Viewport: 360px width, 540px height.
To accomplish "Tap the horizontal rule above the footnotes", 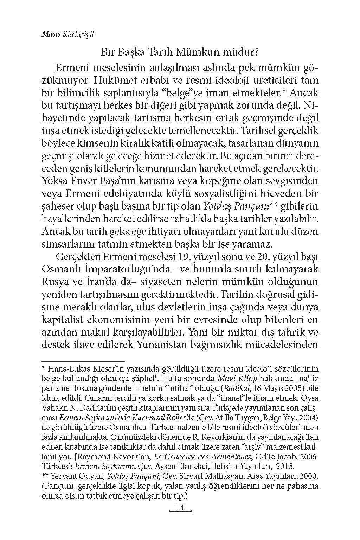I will point(83,361).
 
